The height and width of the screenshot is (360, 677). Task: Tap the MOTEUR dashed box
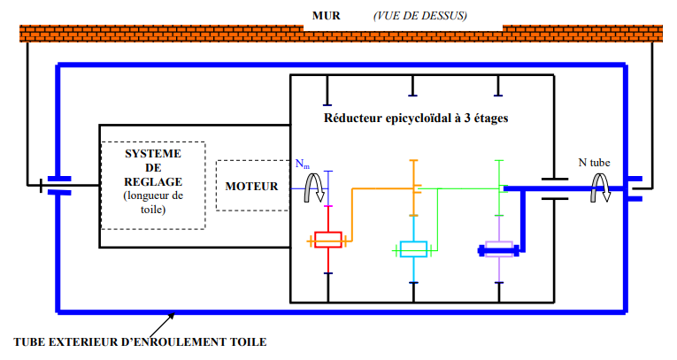coord(251,186)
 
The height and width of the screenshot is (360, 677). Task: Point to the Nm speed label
coord(303,165)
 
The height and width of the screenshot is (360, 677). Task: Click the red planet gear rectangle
coord(328,240)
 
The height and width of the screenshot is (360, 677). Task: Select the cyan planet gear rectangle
coord(413,249)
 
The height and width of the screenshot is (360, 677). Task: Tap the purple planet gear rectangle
coord(499,249)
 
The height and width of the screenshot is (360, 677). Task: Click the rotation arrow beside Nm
coord(311,187)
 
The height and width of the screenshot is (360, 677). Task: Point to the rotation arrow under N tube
coord(602,186)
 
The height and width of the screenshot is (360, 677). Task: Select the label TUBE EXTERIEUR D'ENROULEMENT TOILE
coord(140,341)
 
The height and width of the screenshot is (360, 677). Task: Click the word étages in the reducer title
coord(491,118)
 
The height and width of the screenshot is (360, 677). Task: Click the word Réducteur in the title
coord(353,118)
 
